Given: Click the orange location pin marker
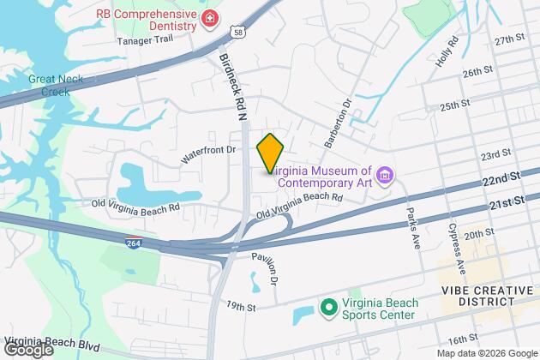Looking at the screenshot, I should coord(270,153).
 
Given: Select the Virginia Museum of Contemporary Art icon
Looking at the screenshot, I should coord(385,177).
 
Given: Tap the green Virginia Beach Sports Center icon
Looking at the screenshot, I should coord(327,306).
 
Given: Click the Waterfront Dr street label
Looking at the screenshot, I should coord(208,154).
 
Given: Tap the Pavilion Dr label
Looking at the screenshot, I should coord(265,267).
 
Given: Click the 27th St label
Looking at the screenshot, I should coord(508,39).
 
